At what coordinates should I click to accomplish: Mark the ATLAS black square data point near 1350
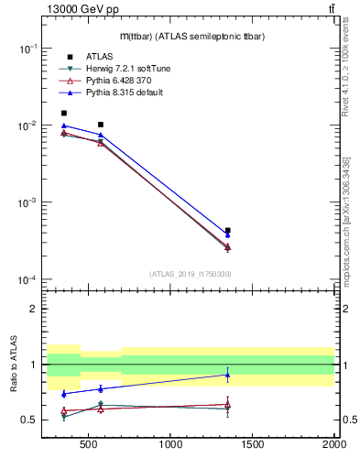coord(227,231)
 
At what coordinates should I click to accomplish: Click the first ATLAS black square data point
coord(63,114)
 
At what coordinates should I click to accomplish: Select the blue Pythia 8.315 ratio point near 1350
coord(227,375)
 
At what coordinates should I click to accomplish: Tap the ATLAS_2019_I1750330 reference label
coord(190,274)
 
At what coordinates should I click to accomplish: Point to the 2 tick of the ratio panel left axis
coord(32,309)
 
